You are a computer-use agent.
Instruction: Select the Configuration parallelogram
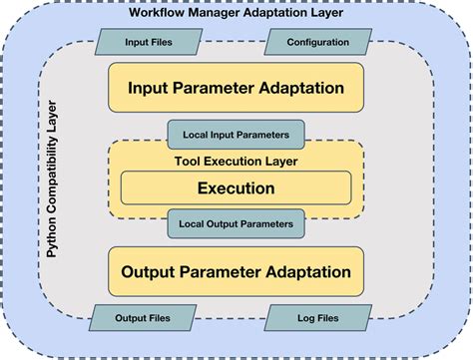click(317, 43)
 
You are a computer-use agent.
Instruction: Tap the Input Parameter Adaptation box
click(236, 88)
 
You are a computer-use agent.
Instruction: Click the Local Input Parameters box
click(236, 133)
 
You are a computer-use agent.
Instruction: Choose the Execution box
click(236, 187)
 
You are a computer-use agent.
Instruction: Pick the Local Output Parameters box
click(236, 224)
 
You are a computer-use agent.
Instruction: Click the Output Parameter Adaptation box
click(236, 271)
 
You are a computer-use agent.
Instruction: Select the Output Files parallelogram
click(143, 318)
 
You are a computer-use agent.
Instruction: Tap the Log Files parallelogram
click(318, 318)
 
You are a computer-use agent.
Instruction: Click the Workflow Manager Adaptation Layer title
click(236, 12)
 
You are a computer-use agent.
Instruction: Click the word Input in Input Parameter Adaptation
click(149, 88)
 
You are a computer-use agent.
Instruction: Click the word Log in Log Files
click(302, 318)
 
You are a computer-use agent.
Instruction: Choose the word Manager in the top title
click(219, 12)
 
